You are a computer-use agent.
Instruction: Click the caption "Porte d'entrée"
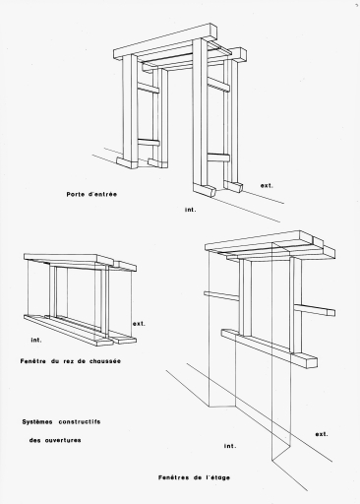pyautogui.click(x=91, y=194)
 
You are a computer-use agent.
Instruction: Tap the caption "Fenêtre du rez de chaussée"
pyautogui.click(x=71, y=361)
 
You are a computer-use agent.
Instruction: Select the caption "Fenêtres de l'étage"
pyautogui.click(x=194, y=477)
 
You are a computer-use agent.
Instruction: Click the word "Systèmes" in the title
pyautogui.click(x=37, y=422)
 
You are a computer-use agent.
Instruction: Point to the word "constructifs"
pyautogui.click(x=80, y=422)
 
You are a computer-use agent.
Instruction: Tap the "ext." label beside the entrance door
pyautogui.click(x=267, y=186)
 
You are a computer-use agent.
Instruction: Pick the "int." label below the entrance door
pyautogui.click(x=190, y=210)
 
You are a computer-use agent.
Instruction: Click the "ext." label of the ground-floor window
pyautogui.click(x=139, y=324)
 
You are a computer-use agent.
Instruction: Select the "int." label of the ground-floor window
pyautogui.click(x=36, y=341)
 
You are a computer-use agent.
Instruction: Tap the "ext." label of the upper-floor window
pyautogui.click(x=322, y=434)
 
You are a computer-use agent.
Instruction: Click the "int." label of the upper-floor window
pyautogui.click(x=230, y=446)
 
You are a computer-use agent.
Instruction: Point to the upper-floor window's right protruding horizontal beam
pyautogui.click(x=315, y=310)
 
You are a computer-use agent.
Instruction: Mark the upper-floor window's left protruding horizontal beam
pyautogui.click(x=221, y=295)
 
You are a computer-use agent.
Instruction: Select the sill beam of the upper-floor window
pyautogui.click(x=270, y=348)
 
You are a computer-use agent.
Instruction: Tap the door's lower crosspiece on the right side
pyautogui.click(x=218, y=157)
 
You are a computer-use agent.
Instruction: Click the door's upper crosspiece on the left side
pyautogui.click(x=148, y=88)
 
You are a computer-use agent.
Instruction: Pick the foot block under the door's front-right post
pyautogui.click(x=205, y=190)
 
